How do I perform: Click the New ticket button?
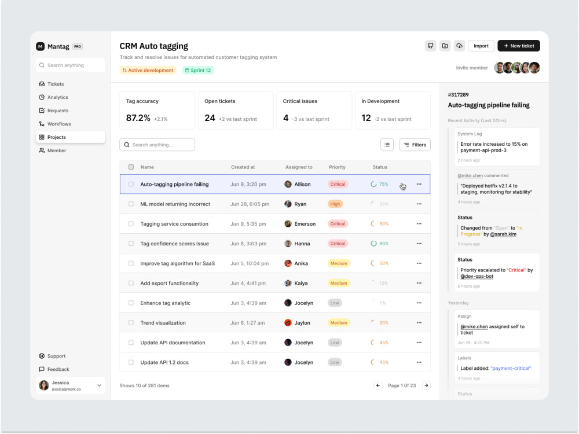tap(518, 46)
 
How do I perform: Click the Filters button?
tap(415, 145)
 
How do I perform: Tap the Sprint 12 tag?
tap(198, 70)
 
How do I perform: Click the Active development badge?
tap(148, 70)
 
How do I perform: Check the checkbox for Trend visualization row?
tap(131, 322)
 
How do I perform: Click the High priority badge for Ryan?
tap(335, 204)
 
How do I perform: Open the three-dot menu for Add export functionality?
tap(419, 283)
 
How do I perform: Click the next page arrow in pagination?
tap(426, 385)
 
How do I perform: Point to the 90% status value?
tap(384, 244)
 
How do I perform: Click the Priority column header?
tap(337, 167)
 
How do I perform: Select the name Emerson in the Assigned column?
tap(305, 223)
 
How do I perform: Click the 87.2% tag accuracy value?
tap(138, 118)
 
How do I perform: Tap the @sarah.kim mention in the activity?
tap(503, 234)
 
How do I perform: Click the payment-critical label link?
tap(511, 368)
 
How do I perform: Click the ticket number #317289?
tap(458, 95)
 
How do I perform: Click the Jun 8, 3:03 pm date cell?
tap(248, 244)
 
